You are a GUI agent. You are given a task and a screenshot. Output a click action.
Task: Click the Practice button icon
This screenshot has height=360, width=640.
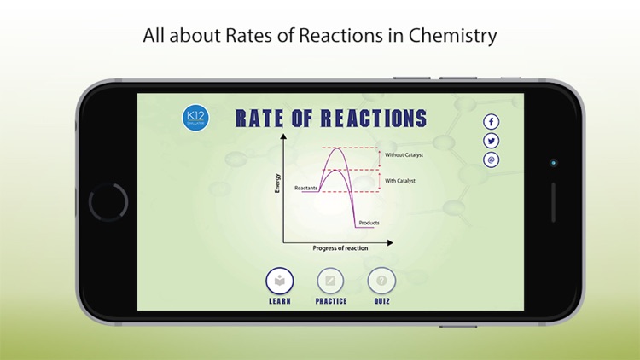tap(330, 280)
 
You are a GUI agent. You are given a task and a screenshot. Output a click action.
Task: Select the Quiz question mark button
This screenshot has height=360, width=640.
tap(381, 280)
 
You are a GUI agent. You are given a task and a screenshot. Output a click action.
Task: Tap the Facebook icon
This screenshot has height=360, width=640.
tap(492, 122)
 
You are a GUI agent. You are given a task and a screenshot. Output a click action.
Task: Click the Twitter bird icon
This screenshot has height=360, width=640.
tap(492, 141)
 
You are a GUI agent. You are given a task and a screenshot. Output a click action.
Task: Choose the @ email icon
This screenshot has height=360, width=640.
tap(492, 160)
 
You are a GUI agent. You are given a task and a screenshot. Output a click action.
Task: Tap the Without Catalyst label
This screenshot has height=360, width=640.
tap(404, 155)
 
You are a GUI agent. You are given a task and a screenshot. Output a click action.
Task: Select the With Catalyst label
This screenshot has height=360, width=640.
tap(399, 181)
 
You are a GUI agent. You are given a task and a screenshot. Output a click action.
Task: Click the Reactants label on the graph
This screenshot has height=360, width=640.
tap(306, 188)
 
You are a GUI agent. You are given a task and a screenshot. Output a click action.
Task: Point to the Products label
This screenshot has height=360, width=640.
tap(369, 223)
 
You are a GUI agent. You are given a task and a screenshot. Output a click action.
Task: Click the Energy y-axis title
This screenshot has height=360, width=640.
tap(277, 183)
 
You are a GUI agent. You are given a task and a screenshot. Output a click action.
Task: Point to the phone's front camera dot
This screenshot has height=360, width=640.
tap(553, 162)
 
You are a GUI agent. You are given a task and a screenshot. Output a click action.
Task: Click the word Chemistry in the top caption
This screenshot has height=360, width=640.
tap(452, 37)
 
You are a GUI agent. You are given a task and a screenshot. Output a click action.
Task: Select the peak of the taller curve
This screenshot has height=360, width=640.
tap(339, 149)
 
